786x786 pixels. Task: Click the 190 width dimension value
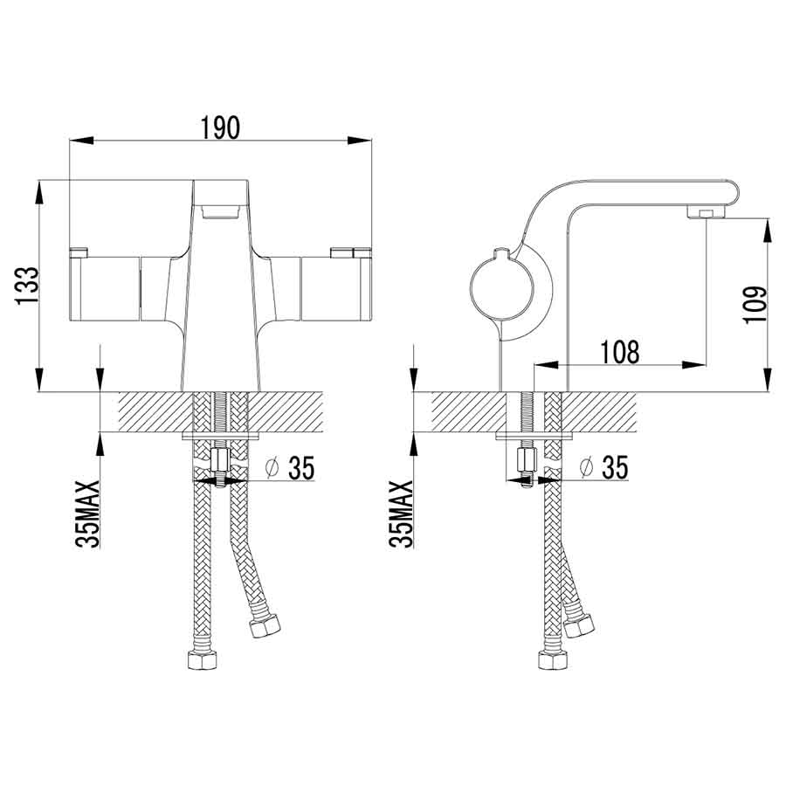[x=221, y=128]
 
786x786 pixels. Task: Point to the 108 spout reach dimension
[x=620, y=351]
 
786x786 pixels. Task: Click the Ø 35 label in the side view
[x=603, y=469]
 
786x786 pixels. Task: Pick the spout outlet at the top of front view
[x=221, y=210]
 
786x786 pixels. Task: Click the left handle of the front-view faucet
[x=105, y=288]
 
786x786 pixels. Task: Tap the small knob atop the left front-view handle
[x=79, y=253]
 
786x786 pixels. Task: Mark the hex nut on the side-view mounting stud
[x=527, y=459]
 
